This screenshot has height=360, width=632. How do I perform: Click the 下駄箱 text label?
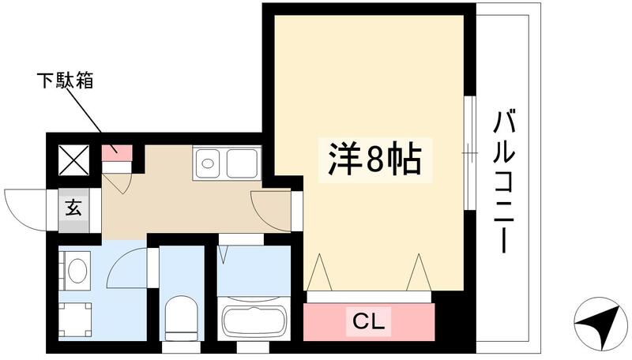coord(65,81)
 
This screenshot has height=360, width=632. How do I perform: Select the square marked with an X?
coord(74,161)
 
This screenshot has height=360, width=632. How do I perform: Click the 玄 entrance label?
coord(73,210)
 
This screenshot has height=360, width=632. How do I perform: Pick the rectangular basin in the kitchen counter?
coord(241,164)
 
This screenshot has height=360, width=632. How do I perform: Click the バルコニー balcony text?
coord(505,182)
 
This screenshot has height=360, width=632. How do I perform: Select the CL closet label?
coord(368,321)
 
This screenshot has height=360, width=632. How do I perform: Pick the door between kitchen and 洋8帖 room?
coord(272,208)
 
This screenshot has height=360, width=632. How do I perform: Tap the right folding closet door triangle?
coord(418,273)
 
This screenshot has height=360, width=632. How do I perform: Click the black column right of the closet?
coord(452,320)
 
